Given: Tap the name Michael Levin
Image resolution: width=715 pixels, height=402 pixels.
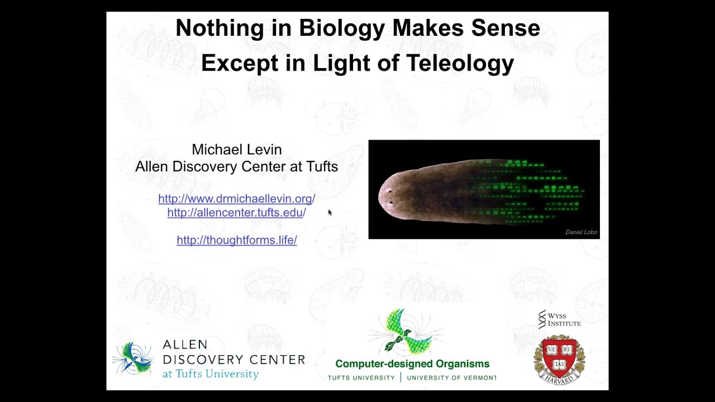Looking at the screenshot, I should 236,150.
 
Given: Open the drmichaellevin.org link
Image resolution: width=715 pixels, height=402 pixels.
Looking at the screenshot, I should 236,199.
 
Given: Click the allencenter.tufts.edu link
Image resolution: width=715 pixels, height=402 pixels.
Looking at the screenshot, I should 236,213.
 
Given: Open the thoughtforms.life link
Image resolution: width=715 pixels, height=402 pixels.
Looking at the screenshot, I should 236,240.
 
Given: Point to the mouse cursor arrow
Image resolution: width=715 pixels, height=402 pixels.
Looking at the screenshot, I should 330,212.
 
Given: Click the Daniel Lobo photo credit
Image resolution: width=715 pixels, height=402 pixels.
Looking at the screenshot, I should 581,232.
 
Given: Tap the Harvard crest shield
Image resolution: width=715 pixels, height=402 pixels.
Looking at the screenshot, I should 559,357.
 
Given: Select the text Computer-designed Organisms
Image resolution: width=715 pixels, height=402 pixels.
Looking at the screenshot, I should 412,364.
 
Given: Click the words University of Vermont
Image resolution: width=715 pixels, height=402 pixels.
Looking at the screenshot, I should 451,378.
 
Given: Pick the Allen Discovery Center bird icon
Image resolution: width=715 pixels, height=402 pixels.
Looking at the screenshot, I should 134,358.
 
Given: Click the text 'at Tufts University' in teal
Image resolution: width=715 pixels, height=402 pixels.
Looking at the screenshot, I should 211,374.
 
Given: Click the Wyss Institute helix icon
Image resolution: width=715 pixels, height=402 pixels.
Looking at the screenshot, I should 541,319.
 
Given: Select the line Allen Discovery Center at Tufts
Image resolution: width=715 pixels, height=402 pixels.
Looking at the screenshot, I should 236,166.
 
